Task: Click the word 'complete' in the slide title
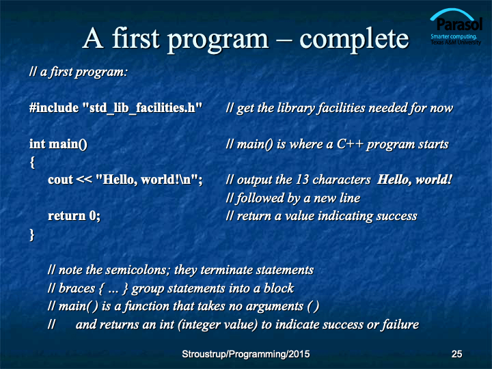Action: (x=354, y=40)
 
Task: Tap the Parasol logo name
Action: (x=459, y=25)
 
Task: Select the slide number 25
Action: (x=456, y=354)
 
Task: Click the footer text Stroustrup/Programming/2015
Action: (x=246, y=354)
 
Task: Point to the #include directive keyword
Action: (x=54, y=108)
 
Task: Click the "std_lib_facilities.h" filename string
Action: (x=142, y=108)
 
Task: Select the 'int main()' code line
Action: (x=58, y=144)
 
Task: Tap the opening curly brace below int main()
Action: (x=32, y=163)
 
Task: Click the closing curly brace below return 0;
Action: (x=31, y=234)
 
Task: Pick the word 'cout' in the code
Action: (x=61, y=180)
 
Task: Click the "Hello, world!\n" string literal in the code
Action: (x=147, y=180)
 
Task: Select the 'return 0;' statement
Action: (x=74, y=216)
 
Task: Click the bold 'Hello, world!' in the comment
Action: (x=415, y=180)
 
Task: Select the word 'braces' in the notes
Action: (x=77, y=288)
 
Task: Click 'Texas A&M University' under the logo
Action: (x=456, y=42)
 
